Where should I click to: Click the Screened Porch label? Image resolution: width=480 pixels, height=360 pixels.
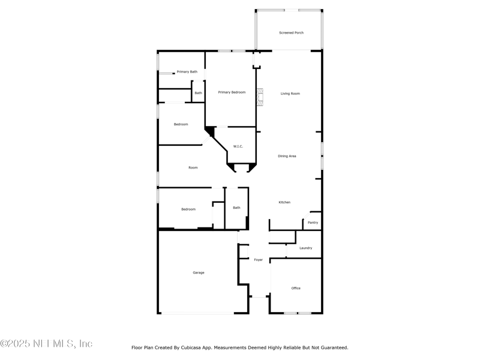291,32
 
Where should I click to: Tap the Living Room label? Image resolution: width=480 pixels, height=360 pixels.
290,94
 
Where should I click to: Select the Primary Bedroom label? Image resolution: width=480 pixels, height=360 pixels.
232,92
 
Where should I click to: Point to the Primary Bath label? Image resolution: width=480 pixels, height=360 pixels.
187,72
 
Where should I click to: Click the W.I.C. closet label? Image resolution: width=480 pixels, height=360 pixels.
238,146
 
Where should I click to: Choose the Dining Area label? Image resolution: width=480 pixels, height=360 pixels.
287,156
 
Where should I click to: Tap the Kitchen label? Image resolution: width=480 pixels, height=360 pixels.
284,202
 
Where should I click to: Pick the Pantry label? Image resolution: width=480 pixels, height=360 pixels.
313,223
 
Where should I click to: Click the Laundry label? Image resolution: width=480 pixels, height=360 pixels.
305,248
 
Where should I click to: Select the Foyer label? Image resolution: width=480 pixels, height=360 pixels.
258,260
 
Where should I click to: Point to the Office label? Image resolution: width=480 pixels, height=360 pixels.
296,288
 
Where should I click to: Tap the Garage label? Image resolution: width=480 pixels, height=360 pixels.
199,272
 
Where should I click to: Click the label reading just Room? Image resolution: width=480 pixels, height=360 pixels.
193,167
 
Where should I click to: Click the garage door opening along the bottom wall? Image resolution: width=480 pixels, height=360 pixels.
198,313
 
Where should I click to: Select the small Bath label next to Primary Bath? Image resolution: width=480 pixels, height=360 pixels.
198,93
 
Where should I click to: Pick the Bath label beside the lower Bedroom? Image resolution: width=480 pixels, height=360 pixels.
236,208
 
